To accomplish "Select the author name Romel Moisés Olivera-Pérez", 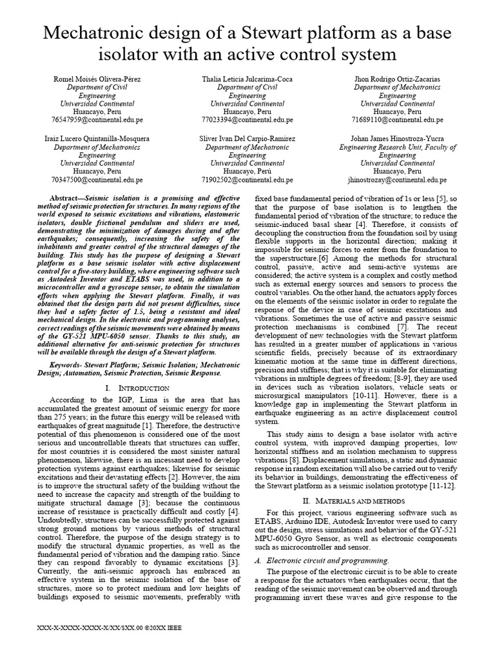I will point(97,79).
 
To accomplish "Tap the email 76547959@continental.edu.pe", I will point(97,119).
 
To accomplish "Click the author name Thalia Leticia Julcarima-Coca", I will point(247,79).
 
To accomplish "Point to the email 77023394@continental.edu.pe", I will point(247,119).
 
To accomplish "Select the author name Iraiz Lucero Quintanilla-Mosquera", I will point(97,139).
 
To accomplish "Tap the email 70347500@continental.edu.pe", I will point(97,180).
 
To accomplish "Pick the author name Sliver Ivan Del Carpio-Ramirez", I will point(247,139).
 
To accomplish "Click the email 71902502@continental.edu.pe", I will point(247,180).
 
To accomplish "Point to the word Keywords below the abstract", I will point(67,364).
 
